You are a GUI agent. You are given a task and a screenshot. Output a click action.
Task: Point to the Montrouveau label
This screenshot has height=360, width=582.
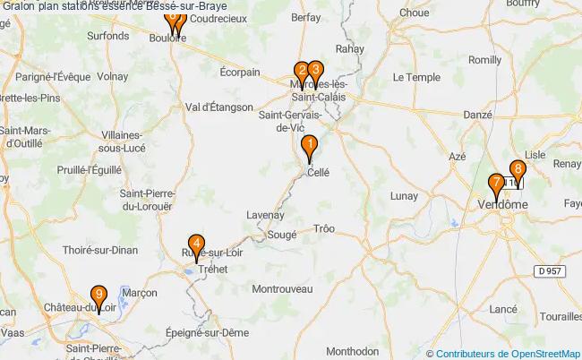pos(282,289)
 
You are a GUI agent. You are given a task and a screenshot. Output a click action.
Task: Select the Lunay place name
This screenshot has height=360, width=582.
pos(405,196)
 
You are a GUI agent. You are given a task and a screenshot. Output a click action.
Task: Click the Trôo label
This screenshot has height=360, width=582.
pos(323,229)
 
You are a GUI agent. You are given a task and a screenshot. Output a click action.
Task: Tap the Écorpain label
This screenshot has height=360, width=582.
pos(240,73)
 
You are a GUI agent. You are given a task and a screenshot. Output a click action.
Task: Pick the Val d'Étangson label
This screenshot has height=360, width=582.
pos(218,107)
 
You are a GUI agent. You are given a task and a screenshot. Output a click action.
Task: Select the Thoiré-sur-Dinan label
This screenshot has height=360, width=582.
pos(100,252)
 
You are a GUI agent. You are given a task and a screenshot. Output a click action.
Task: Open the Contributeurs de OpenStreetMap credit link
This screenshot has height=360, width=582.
pos(508,353)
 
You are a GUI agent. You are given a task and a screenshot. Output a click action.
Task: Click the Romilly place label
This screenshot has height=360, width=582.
pos(484,60)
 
